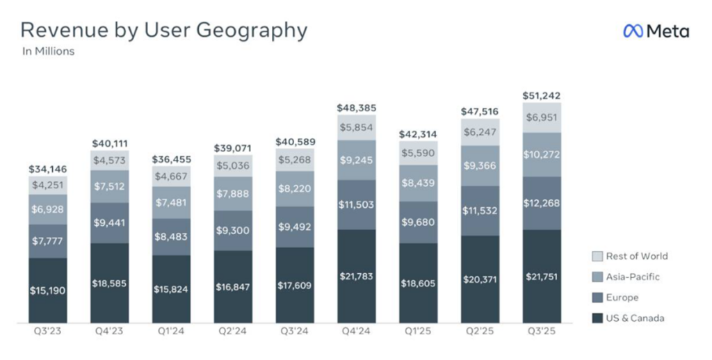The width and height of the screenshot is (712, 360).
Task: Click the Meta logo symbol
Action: [x=633, y=31]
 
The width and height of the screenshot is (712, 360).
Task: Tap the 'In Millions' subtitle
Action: [x=48, y=51]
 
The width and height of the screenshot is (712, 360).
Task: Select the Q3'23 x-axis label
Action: [x=48, y=332]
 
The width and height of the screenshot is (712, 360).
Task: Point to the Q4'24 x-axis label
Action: [x=357, y=332]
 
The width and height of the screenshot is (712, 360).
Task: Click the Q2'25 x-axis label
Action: [x=480, y=332]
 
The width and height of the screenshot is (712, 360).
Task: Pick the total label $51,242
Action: [x=542, y=96]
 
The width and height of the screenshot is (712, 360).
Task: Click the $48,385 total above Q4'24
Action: [x=357, y=108]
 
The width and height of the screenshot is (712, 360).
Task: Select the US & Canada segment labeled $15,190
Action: [x=48, y=290]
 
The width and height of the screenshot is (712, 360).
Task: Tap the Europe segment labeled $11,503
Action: [x=357, y=204]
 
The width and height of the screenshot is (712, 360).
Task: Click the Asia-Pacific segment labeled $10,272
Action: [x=542, y=154]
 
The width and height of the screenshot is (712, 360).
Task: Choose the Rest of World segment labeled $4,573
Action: [x=110, y=160]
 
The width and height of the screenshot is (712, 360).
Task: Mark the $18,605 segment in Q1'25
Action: [x=418, y=283]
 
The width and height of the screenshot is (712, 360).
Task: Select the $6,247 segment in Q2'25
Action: [x=480, y=131]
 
